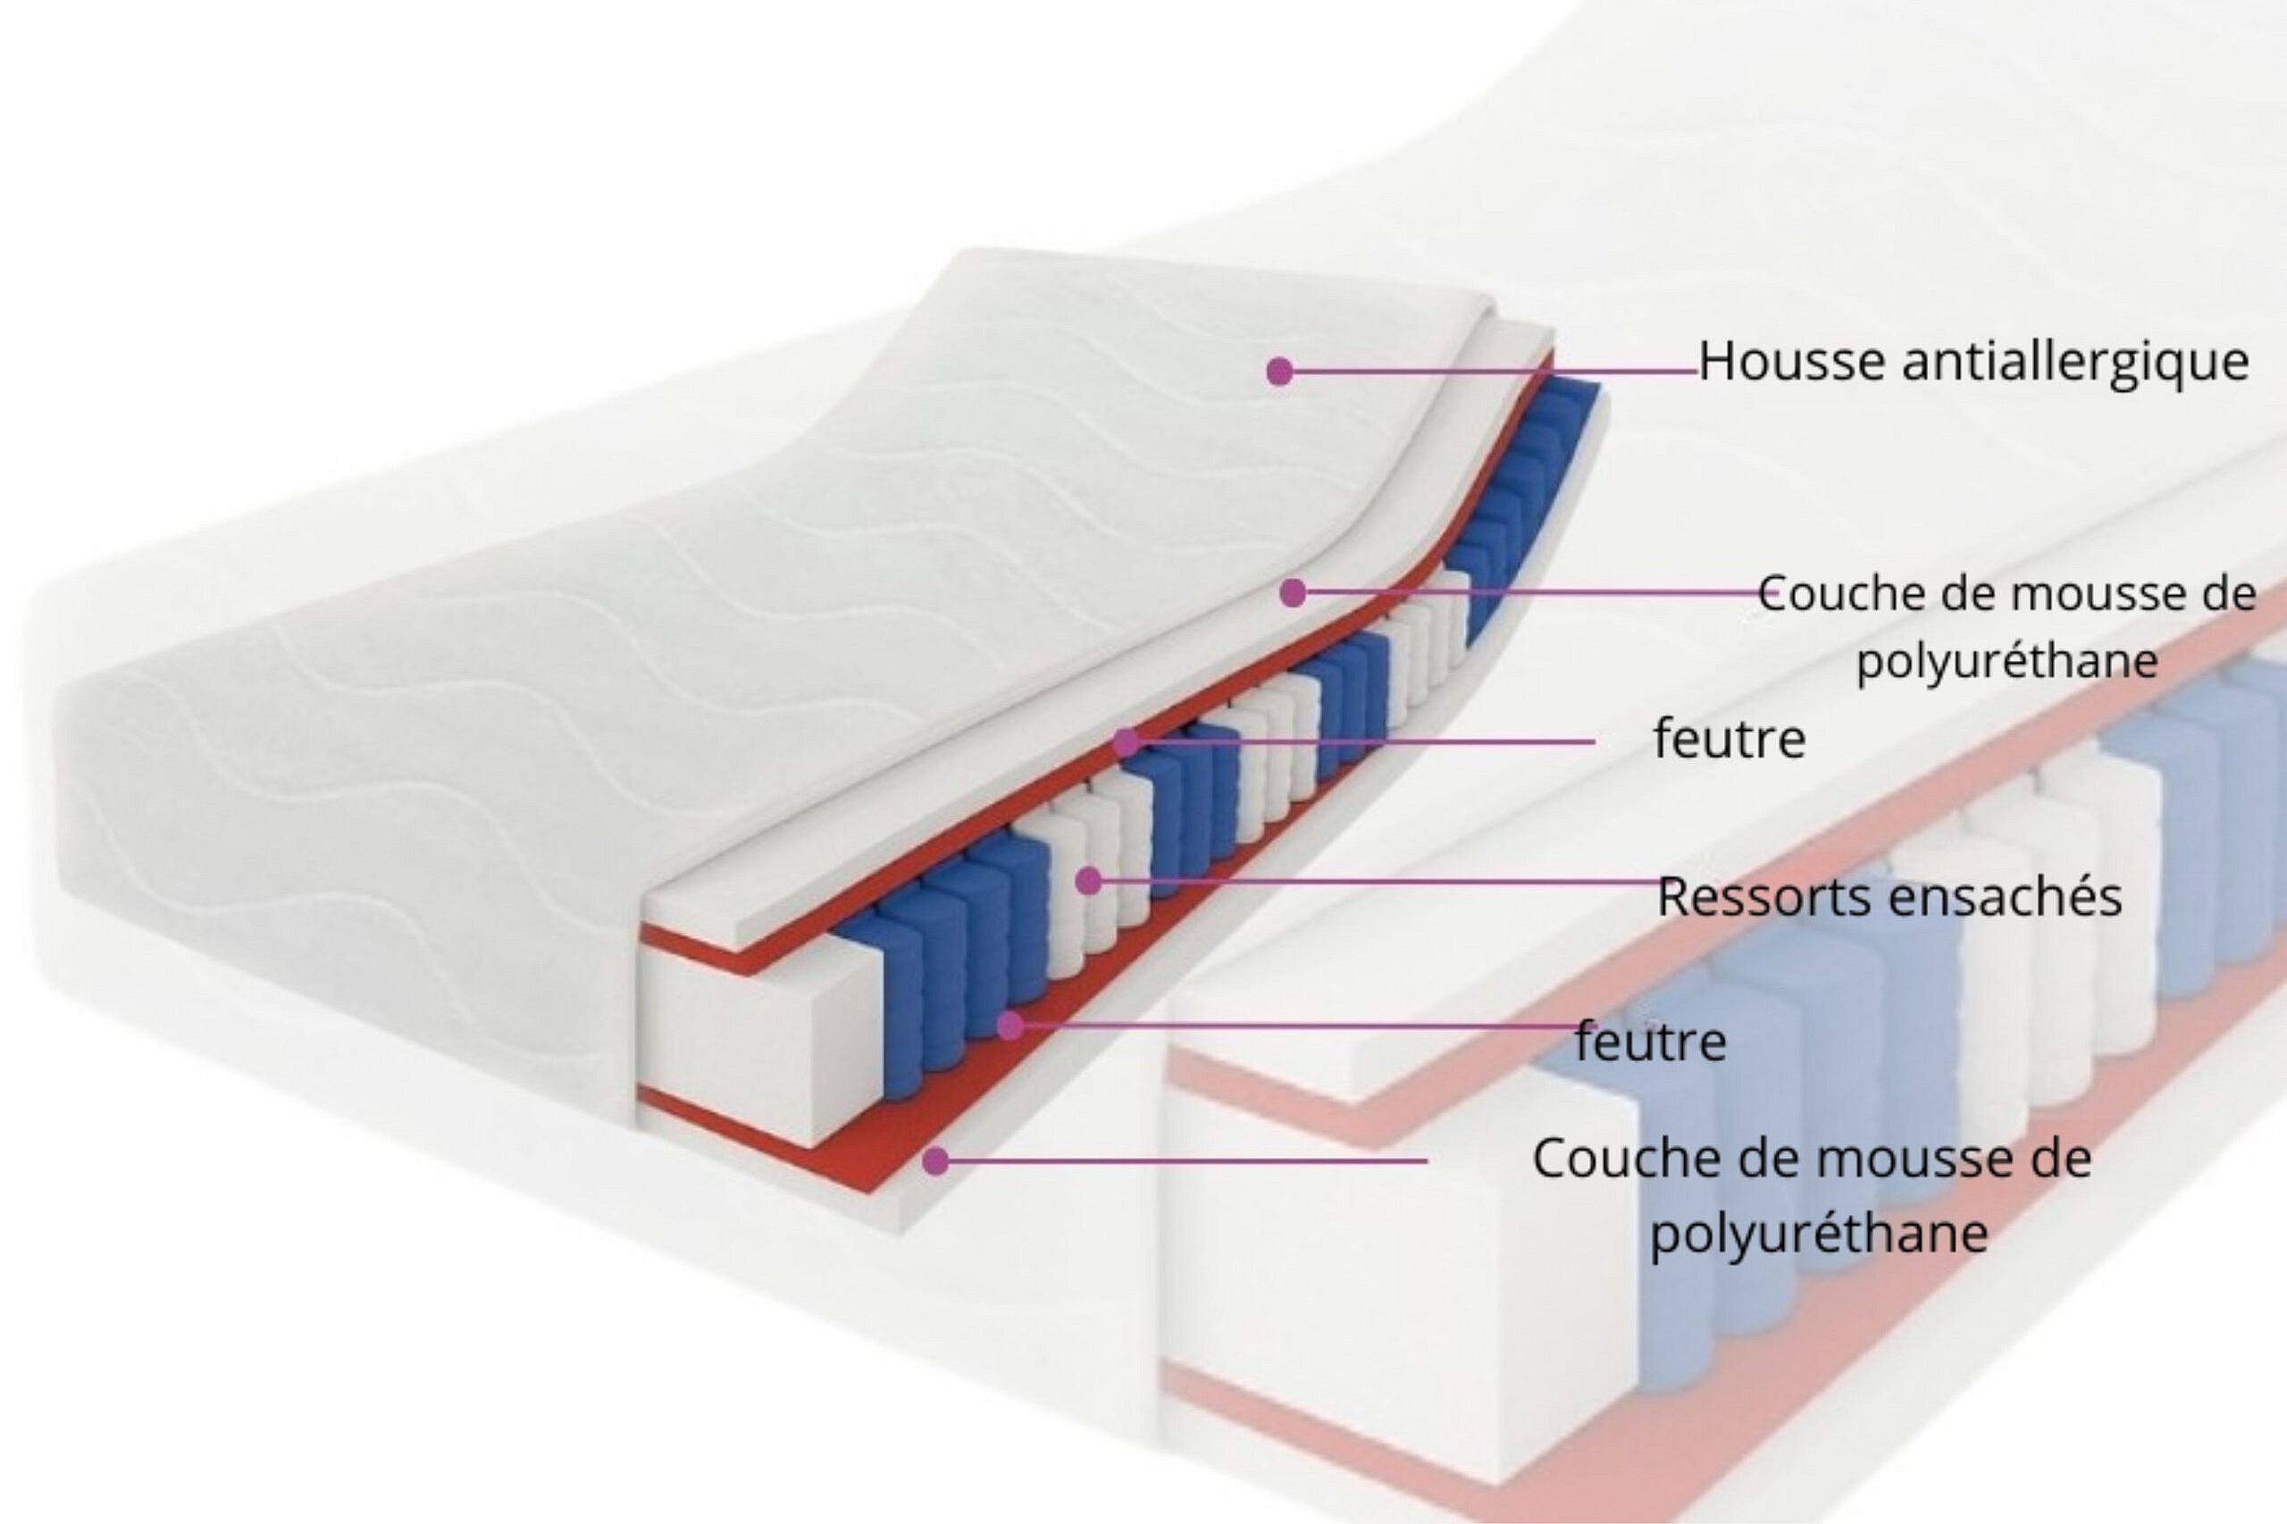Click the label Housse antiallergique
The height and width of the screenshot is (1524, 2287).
[1973, 363]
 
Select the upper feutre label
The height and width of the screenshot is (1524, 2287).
[1730, 740]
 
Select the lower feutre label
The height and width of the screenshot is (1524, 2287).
[1650, 1042]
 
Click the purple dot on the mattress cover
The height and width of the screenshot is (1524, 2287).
[1279, 371]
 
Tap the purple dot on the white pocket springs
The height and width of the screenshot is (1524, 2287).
[1090, 882]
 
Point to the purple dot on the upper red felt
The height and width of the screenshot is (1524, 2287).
[1127, 742]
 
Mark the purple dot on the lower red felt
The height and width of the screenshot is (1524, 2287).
[1010, 1026]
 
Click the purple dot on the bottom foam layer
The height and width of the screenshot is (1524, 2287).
[935, 1160]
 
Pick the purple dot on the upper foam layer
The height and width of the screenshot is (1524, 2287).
[1292, 592]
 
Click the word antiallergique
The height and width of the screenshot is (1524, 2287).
[2075, 363]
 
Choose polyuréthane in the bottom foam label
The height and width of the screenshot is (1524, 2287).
[1819, 1235]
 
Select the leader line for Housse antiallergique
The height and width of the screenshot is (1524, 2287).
[1487, 371]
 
